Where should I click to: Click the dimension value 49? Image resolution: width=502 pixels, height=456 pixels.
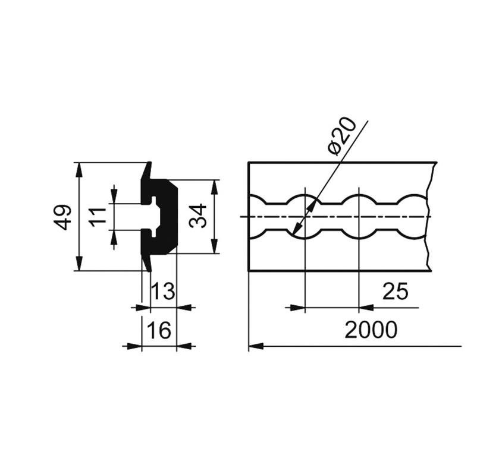click(62, 217)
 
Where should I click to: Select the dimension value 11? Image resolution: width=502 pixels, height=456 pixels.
click(98, 217)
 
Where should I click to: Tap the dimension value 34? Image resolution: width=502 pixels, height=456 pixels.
click(198, 216)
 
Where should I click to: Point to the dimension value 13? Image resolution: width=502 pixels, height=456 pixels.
click(163, 291)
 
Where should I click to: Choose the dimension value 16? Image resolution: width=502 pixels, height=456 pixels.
click(159, 330)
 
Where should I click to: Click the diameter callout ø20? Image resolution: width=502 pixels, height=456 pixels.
click(342, 137)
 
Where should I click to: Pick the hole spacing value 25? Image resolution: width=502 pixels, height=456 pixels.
click(396, 291)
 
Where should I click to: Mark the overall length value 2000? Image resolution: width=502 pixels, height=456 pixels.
click(371, 330)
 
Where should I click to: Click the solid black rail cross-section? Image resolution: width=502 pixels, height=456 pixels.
click(167, 217)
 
